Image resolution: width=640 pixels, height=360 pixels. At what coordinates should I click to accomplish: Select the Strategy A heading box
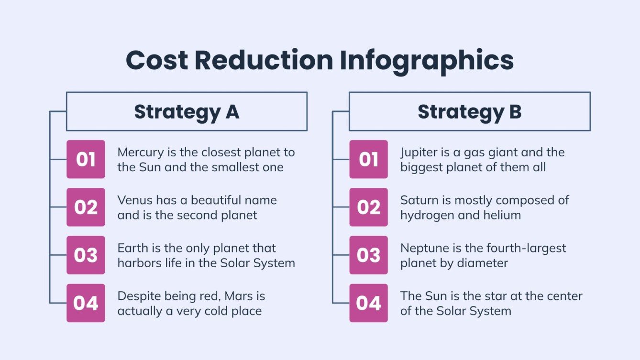pyautogui.click(x=187, y=111)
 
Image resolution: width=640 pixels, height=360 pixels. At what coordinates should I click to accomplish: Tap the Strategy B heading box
pyautogui.click(x=469, y=111)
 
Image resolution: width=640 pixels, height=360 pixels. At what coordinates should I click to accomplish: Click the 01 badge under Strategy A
pyautogui.click(x=86, y=159)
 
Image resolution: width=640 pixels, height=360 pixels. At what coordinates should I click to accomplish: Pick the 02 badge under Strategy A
pyautogui.click(x=86, y=207)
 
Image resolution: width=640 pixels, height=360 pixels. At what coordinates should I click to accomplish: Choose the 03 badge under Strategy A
pyautogui.click(x=86, y=255)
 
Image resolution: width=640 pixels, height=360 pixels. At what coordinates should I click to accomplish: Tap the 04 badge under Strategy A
pyautogui.click(x=86, y=303)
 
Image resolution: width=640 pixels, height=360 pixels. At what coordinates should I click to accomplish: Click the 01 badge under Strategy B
pyautogui.click(x=368, y=159)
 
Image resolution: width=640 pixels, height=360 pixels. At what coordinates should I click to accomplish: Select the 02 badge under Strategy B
pyautogui.click(x=368, y=207)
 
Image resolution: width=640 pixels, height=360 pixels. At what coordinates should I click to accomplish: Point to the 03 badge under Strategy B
pyautogui.click(x=368, y=255)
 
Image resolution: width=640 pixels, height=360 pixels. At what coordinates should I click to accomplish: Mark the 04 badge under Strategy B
pyautogui.click(x=368, y=303)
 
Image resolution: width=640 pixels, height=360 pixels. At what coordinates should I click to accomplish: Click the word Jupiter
pyautogui.click(x=417, y=153)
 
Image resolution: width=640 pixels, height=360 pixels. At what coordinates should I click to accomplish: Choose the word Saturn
pyautogui.click(x=417, y=200)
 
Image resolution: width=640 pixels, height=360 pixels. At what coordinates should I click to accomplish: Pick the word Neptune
pyautogui.click(x=422, y=248)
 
